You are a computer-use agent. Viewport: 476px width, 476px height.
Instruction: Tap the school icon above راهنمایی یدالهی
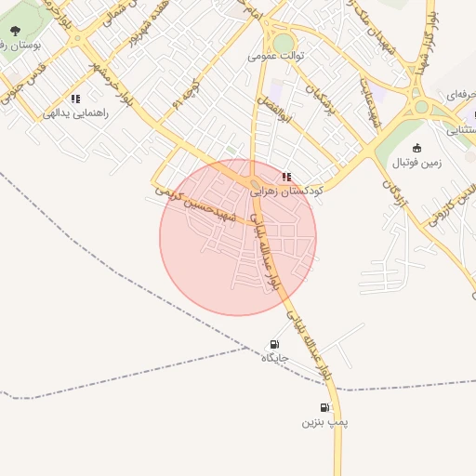(x=75, y=99)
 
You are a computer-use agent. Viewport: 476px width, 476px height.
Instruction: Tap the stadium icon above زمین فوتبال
(x=416, y=148)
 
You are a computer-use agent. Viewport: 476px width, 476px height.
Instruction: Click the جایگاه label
(x=275, y=357)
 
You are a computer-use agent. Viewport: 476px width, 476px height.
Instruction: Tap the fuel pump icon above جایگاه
(x=274, y=343)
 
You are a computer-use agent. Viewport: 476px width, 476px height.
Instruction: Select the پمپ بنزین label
(x=324, y=422)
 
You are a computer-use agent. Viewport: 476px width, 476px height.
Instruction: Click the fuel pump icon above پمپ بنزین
(x=324, y=407)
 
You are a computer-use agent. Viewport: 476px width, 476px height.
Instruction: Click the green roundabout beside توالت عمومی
(x=283, y=43)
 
